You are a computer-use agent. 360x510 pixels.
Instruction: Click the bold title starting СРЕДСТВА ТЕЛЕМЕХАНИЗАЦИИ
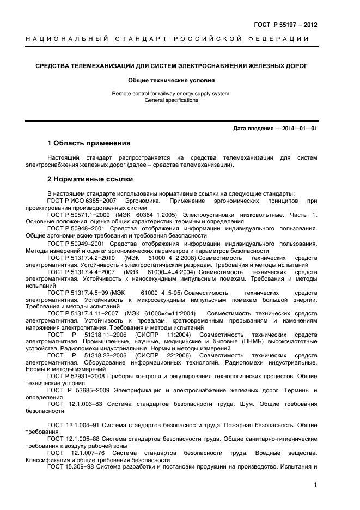pyautogui.click(x=171, y=66)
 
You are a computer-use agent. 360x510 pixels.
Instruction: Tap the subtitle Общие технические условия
pyautogui.click(x=171, y=80)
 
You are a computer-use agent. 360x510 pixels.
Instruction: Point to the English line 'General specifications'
pyautogui.click(x=171, y=100)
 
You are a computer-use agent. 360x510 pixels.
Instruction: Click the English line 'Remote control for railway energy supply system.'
pyautogui.click(x=171, y=94)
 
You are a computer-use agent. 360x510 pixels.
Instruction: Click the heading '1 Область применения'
pyautogui.click(x=89, y=143)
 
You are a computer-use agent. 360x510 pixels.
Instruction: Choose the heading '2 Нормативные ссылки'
pyautogui.click(x=90, y=179)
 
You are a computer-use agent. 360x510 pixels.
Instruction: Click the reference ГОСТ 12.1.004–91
pyautogui.click(x=73, y=424)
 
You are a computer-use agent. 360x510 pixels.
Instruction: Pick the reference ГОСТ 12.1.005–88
pyautogui.click(x=73, y=438)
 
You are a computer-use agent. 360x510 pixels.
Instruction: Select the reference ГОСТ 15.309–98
pyautogui.click(x=71, y=466)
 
